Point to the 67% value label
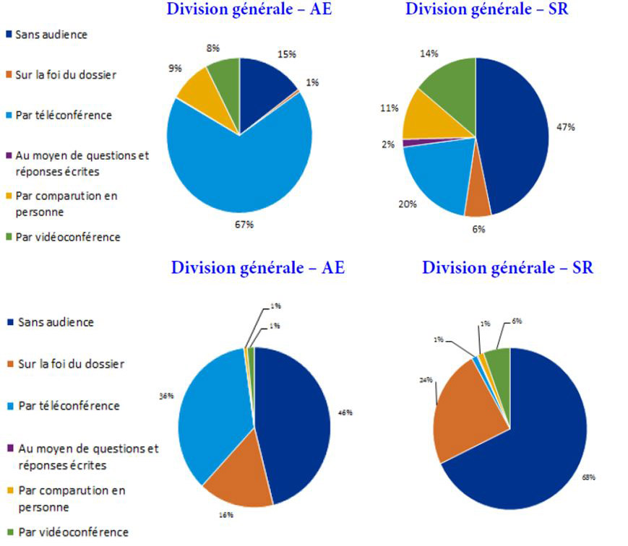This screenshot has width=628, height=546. (x=244, y=225)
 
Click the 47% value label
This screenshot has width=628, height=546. (x=566, y=127)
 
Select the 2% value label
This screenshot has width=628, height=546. (x=388, y=144)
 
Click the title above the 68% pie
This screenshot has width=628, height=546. (x=507, y=268)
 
